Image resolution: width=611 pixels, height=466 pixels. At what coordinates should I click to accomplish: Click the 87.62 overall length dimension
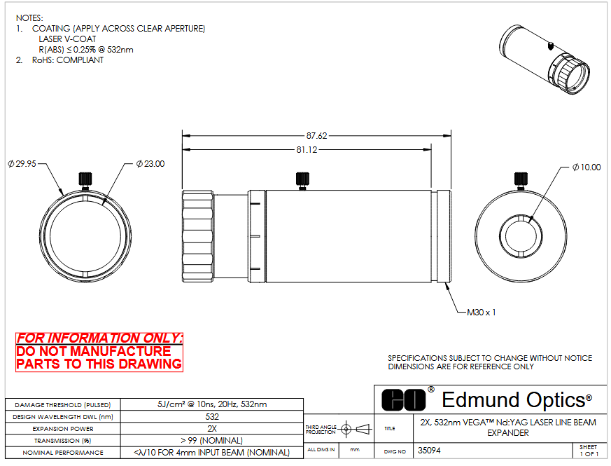316,136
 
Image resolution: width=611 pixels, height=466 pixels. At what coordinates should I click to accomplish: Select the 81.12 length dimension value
307,150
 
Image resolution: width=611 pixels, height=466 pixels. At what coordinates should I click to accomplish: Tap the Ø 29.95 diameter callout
22,164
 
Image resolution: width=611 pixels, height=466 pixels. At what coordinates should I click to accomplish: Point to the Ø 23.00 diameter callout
150,164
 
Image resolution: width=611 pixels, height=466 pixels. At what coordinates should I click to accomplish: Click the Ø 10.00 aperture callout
587,167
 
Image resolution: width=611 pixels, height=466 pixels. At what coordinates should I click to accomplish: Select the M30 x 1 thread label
482,313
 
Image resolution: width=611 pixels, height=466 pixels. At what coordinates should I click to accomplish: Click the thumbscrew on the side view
302,181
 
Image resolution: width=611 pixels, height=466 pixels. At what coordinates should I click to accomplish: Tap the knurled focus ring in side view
198,236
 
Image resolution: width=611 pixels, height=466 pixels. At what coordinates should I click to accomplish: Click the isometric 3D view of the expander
544,60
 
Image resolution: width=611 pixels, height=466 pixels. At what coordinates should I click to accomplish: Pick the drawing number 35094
429,451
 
